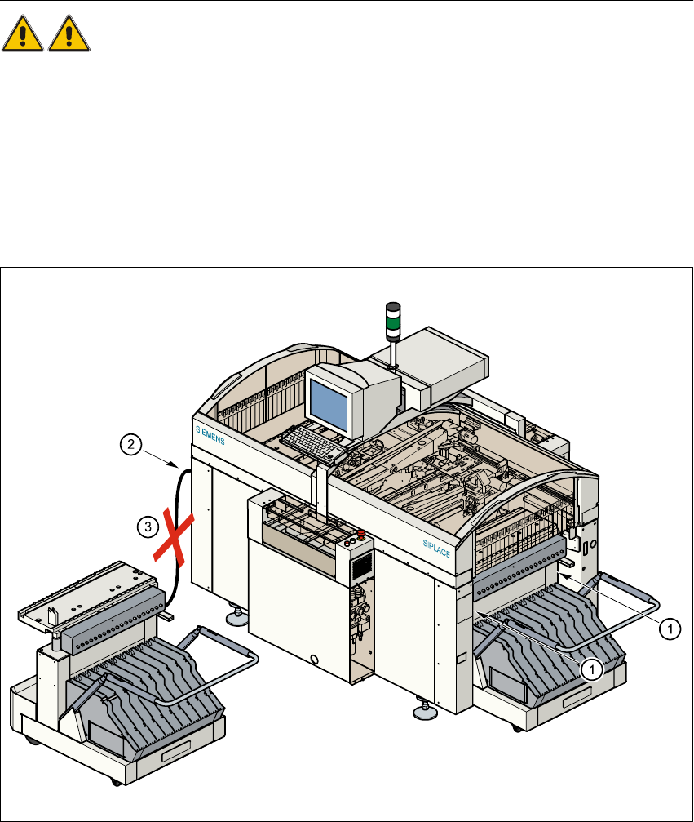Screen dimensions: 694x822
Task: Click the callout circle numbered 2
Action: coord(128,445)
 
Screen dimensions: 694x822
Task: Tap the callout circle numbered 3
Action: coord(147,527)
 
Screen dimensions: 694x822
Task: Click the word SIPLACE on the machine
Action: coord(436,547)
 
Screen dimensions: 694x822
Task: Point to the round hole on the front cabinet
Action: coord(313,658)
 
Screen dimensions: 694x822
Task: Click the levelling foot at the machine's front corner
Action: coord(424,712)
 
